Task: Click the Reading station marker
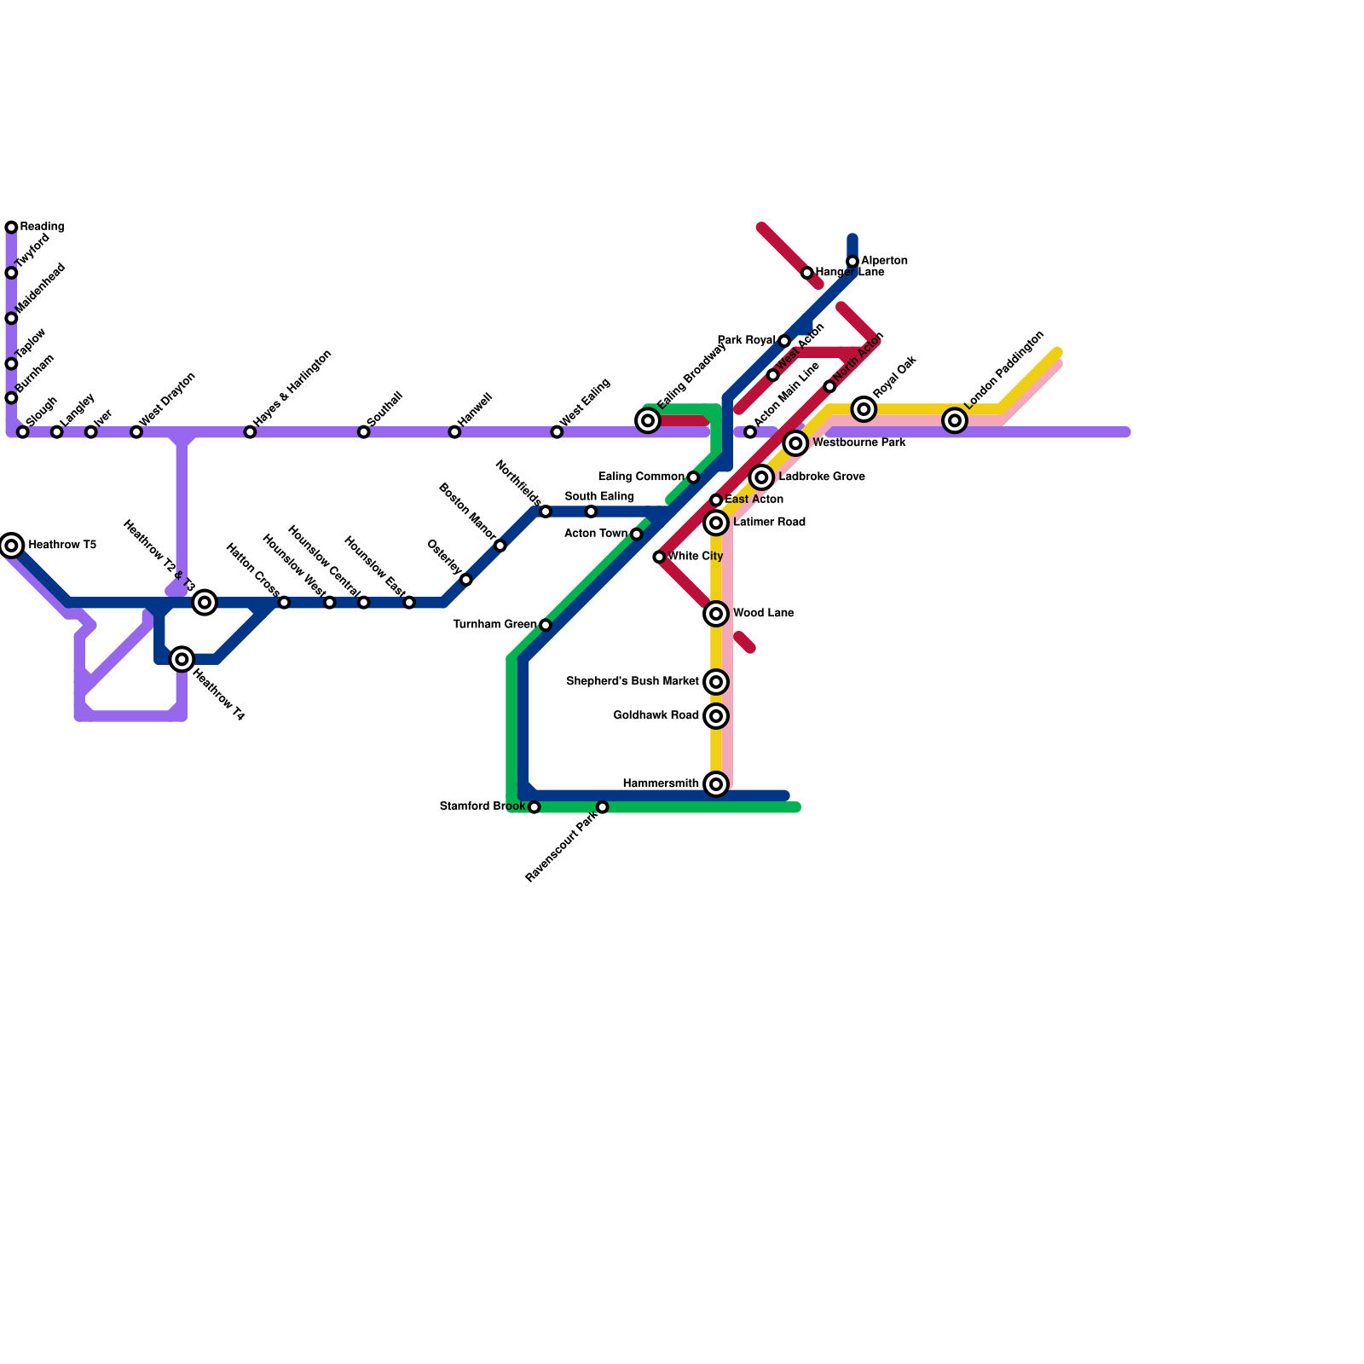[11, 228]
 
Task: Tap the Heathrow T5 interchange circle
[11, 545]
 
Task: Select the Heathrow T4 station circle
[182, 659]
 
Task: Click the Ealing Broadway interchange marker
[648, 420]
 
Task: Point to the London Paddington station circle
[955, 420]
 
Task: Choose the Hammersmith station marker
[716, 784]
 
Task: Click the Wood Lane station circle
[716, 614]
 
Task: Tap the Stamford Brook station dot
[534, 807]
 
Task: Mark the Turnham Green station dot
[546, 626]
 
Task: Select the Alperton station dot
[852, 262]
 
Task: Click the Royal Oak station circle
[864, 409]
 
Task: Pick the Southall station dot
[363, 432]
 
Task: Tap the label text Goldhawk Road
[656, 716]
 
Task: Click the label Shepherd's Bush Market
[632, 682]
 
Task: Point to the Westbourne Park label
[858, 443]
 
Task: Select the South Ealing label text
[599, 497]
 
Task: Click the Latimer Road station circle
[716, 523]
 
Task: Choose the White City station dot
[659, 558]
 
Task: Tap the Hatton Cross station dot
[284, 603]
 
